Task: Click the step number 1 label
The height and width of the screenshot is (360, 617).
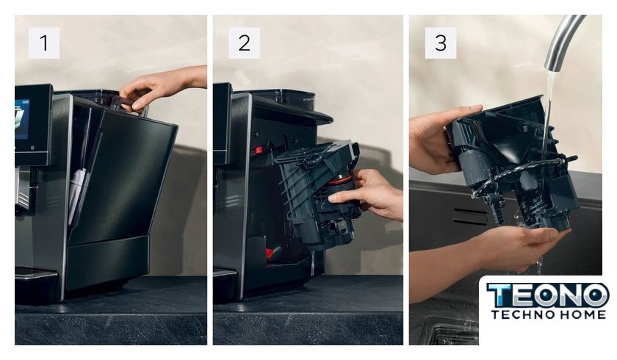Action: (x=43, y=43)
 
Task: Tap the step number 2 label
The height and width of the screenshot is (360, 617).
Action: (x=244, y=43)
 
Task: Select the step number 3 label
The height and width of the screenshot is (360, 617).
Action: (x=441, y=43)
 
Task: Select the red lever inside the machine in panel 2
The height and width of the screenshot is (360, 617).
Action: (x=258, y=150)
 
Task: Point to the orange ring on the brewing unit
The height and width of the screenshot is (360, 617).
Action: (x=341, y=180)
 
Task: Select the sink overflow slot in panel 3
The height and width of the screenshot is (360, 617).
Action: (x=470, y=216)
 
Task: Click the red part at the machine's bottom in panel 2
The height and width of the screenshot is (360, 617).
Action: (x=270, y=252)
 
